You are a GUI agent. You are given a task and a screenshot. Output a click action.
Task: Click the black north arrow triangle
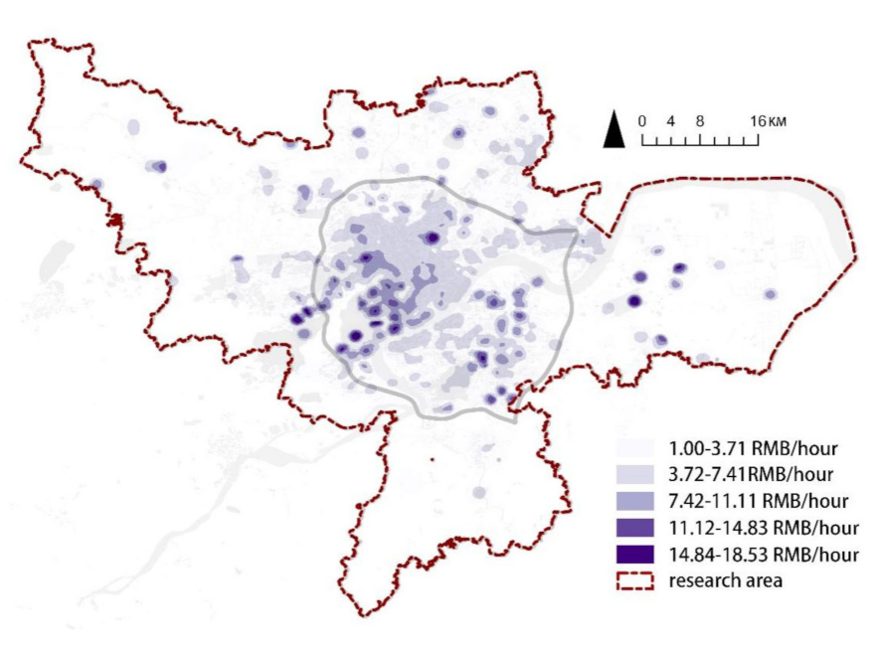click(x=615, y=130)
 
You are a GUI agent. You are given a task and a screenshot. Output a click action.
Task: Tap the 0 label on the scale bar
click(x=642, y=121)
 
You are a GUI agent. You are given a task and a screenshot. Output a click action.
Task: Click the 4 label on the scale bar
click(x=671, y=121)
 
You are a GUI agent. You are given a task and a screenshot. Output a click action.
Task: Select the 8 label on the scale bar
click(x=700, y=121)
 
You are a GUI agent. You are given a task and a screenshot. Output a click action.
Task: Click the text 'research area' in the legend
click(x=725, y=580)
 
